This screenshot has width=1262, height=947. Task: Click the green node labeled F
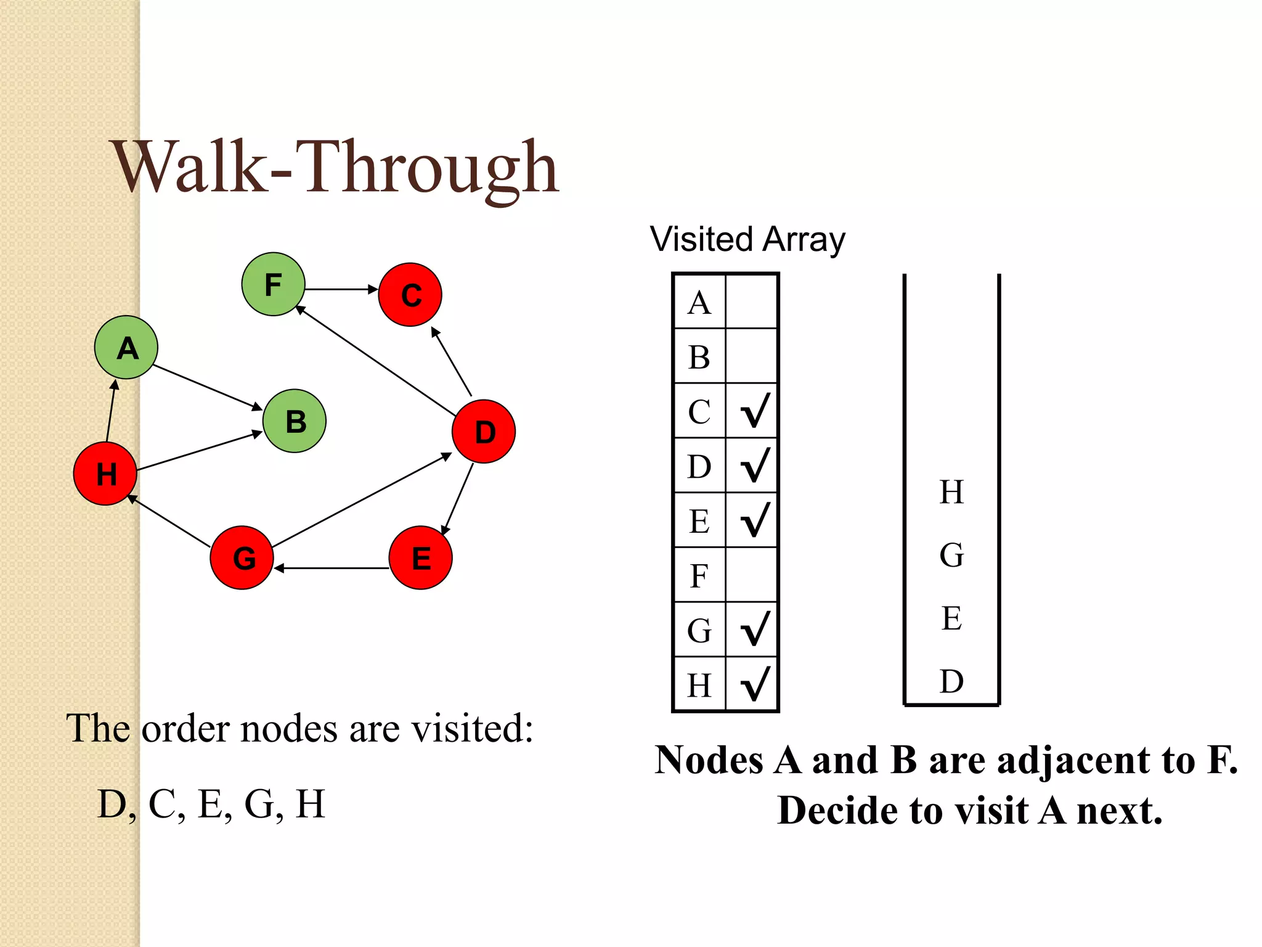click(273, 284)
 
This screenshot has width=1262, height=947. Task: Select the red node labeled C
click(410, 295)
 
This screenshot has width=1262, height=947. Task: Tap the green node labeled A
click(126, 347)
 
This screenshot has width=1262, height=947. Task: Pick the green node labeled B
click(295, 421)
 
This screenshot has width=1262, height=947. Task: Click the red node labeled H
click(105, 473)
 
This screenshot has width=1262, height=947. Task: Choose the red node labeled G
click(242, 557)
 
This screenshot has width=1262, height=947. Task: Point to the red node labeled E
click(421, 557)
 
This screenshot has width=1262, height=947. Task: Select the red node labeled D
click(484, 431)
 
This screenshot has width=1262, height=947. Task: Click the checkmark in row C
click(754, 411)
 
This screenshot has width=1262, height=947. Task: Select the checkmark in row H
click(754, 684)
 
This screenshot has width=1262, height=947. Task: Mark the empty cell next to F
click(752, 575)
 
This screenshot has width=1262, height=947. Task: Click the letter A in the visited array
click(699, 302)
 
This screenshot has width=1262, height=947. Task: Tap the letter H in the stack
click(951, 492)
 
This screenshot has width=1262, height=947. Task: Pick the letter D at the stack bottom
click(951, 681)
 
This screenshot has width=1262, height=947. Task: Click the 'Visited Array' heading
click(747, 239)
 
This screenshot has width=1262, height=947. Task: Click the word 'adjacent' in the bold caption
click(1073, 760)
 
